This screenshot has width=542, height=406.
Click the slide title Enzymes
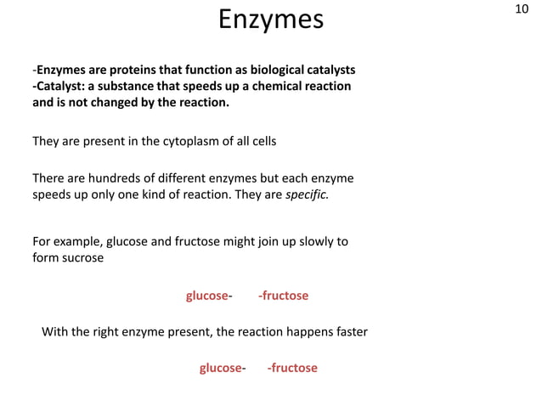coord(271,20)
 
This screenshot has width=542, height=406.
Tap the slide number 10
coord(522,9)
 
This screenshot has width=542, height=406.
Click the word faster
coord(347,331)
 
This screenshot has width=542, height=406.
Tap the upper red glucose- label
coord(209,296)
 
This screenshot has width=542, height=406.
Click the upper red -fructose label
coord(283,296)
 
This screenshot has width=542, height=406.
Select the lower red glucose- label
coord(223,368)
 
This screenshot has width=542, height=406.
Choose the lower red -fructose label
coord(292,368)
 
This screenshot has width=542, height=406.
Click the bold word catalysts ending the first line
coord(329,69)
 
